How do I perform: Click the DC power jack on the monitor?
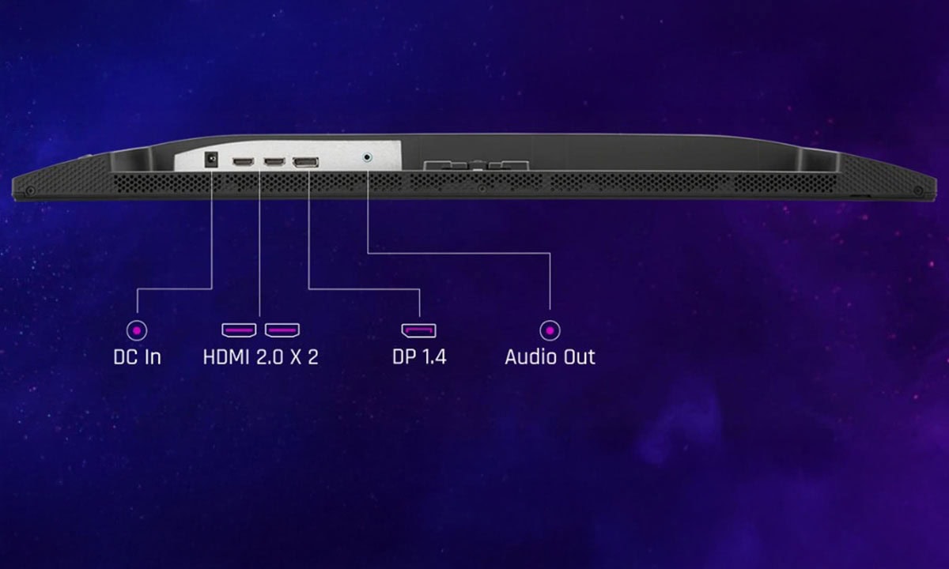click(211, 160)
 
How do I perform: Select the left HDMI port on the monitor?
click(243, 162)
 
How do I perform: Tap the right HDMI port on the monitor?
click(274, 162)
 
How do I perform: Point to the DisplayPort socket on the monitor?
click(305, 163)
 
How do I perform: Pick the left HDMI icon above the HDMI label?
click(239, 330)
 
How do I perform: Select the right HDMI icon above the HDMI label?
click(282, 330)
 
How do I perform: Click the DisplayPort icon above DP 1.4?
click(419, 330)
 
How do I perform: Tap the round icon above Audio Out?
click(550, 330)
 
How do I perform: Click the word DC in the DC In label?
click(127, 356)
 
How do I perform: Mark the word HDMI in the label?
click(226, 356)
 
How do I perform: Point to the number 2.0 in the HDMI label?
click(271, 356)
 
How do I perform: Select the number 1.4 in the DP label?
click(433, 356)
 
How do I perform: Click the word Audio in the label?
click(531, 356)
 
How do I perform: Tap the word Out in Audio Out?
click(579, 356)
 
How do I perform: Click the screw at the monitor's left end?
click(30, 190)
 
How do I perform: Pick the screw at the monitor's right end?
click(918, 190)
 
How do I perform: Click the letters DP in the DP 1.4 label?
click(403, 356)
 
